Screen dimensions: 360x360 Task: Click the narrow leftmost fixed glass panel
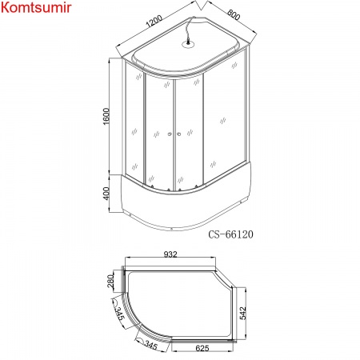(x=135, y=128)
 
